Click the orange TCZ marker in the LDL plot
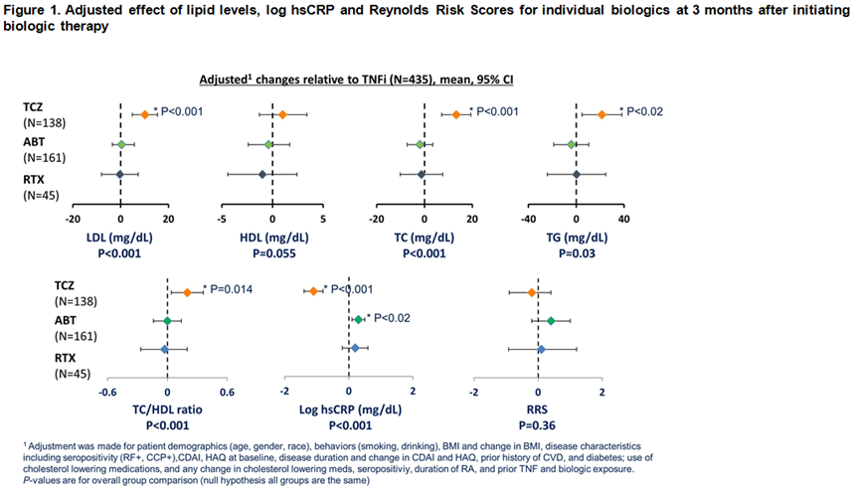(x=144, y=114)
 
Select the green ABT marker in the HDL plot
(x=268, y=145)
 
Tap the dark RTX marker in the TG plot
(x=577, y=175)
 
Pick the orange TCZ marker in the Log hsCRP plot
(x=313, y=291)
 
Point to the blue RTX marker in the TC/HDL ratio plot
(x=165, y=349)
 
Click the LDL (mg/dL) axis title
(x=118, y=239)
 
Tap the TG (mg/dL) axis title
(x=577, y=239)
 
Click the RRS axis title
(x=537, y=409)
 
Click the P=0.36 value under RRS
(x=537, y=424)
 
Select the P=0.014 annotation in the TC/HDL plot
(x=230, y=288)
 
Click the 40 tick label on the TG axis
(x=624, y=220)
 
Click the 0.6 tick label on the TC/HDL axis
(x=227, y=391)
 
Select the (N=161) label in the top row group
(x=42, y=157)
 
